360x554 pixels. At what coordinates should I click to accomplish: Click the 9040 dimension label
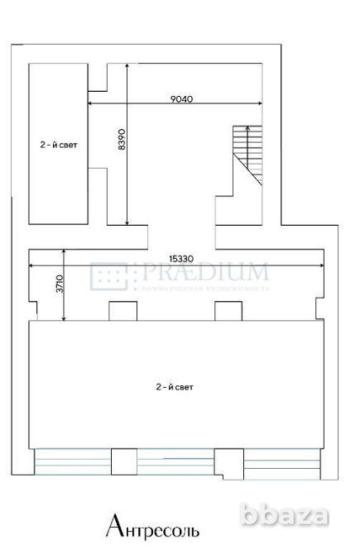[181, 98]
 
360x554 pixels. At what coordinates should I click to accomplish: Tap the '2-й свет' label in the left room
[58, 142]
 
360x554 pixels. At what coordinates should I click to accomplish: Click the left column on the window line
[123, 460]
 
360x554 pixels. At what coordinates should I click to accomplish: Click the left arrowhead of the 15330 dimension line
[31, 265]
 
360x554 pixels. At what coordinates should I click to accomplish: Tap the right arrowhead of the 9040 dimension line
[262, 103]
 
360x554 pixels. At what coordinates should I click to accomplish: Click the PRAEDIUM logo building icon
[108, 275]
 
